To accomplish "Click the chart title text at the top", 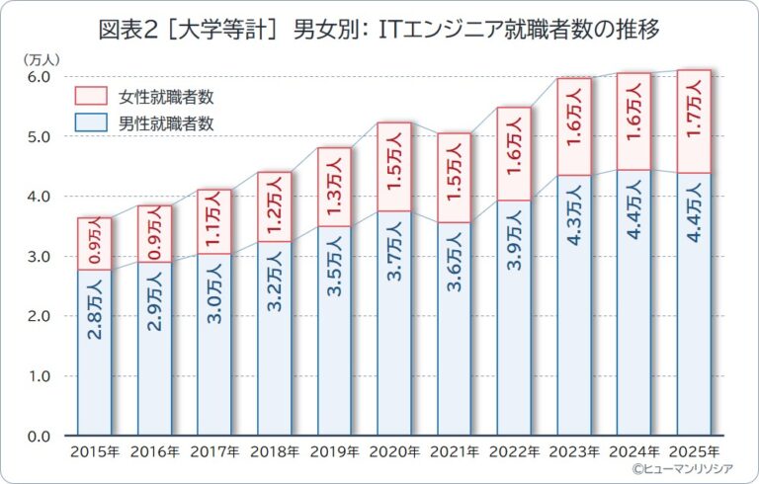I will (x=380, y=29).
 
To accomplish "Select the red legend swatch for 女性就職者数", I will (x=91, y=96).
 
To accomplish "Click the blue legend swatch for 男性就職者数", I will (x=91, y=123).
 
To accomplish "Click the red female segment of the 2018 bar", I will (x=275, y=206).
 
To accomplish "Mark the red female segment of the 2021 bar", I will (x=455, y=178).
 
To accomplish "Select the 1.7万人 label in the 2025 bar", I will (x=695, y=121).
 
